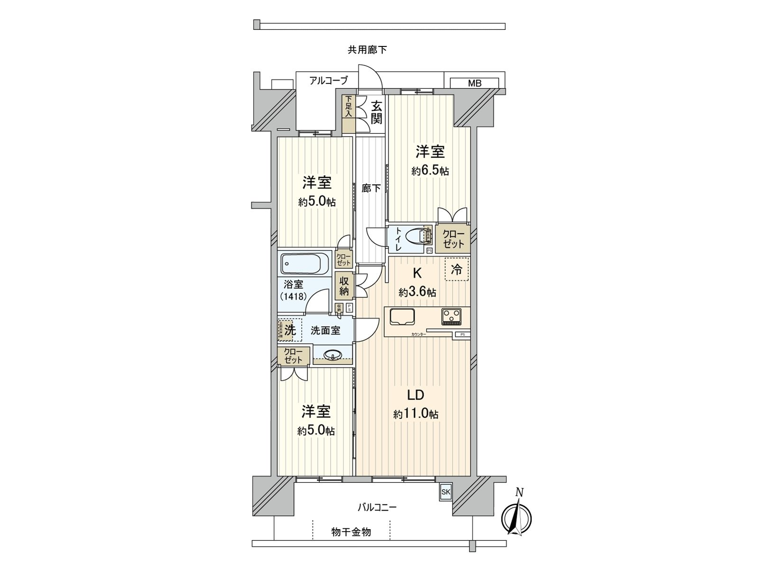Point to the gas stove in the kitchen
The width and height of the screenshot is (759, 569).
(452, 316)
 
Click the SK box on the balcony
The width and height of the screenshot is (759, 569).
(445, 492)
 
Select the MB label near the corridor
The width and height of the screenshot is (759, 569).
(474, 83)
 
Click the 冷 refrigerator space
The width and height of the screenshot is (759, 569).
(456, 270)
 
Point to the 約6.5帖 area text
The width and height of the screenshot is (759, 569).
(430, 171)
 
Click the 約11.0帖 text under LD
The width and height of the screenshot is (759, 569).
(416, 414)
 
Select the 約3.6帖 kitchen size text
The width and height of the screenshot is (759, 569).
(417, 293)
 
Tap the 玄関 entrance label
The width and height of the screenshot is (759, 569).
(376, 112)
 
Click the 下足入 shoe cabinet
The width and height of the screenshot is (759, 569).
(349, 113)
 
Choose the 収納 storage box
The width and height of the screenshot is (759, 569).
(344, 286)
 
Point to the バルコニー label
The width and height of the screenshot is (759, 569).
(377, 507)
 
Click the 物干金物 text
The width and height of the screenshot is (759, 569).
(351, 532)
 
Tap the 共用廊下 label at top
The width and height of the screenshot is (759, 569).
(367, 49)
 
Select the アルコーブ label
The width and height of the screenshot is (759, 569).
(328, 81)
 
